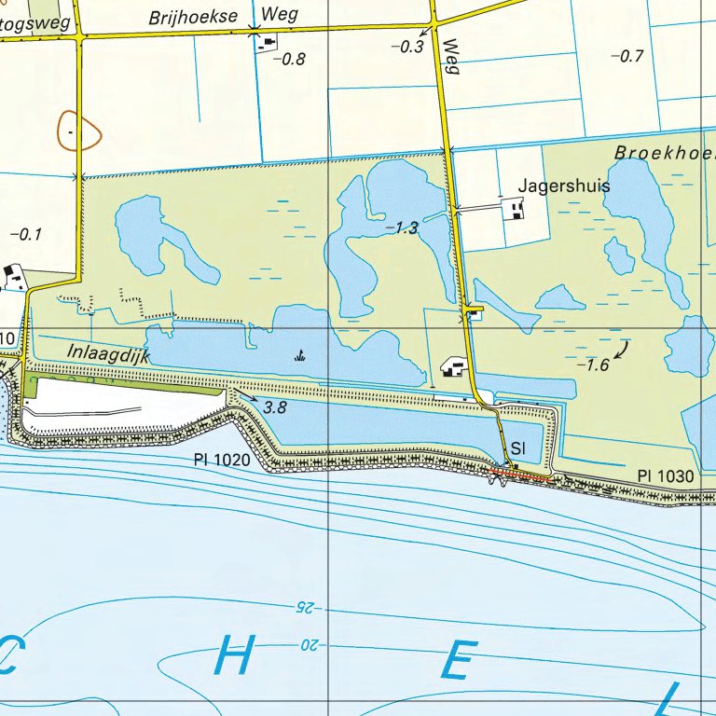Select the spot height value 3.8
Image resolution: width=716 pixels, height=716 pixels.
point(276,407)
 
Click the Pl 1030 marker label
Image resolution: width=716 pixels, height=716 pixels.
point(666,476)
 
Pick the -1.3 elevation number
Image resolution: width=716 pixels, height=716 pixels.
point(403,227)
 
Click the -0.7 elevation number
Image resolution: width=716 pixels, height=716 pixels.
point(626,56)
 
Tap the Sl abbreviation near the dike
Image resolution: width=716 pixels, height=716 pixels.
point(519,449)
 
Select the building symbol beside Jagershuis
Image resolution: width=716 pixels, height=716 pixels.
point(514,209)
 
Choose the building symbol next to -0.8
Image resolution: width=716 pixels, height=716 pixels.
point(268,45)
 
